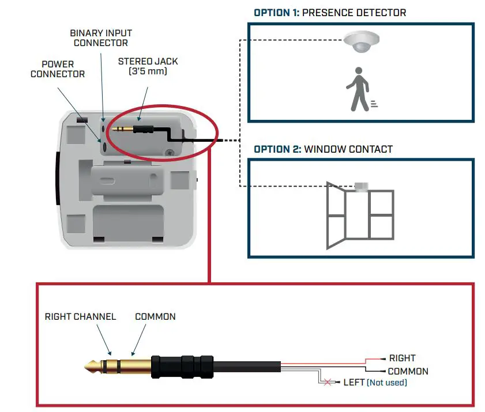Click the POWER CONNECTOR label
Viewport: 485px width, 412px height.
pyautogui.click(x=58, y=69)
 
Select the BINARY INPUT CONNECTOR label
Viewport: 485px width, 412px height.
pyautogui.click(x=101, y=38)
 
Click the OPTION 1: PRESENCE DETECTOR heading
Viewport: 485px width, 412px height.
pyautogui.click(x=330, y=12)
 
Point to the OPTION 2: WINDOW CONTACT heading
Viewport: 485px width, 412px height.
pyautogui.click(x=323, y=149)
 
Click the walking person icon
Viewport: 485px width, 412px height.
pyautogui.click(x=359, y=89)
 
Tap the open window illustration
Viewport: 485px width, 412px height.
pyautogui.click(x=360, y=214)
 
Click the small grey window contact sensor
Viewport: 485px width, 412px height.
pyautogui.click(x=362, y=186)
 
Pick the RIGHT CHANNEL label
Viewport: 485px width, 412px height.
pyautogui.click(x=80, y=317)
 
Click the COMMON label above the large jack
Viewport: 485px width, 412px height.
pyautogui.click(x=155, y=317)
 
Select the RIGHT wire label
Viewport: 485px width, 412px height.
pyautogui.click(x=402, y=358)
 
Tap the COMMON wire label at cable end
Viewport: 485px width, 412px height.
pyautogui.click(x=408, y=372)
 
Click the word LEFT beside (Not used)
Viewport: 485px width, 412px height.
pyautogui.click(x=354, y=383)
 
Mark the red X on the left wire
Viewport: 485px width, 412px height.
pyautogui.click(x=329, y=383)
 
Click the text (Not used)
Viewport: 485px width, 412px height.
pyautogui.click(x=386, y=383)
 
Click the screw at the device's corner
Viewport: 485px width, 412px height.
pyautogui.click(x=169, y=153)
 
